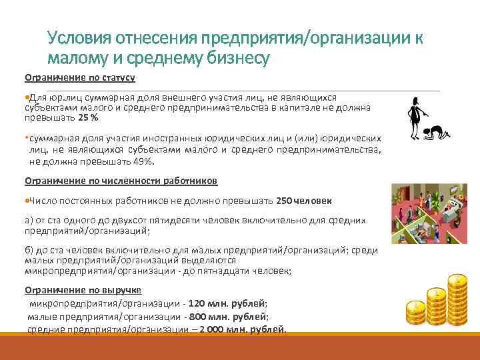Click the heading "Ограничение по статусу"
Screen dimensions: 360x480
click(80, 78)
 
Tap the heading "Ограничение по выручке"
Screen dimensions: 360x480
click(83, 290)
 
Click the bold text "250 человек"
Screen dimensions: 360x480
click(303, 201)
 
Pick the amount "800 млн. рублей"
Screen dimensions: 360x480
click(230, 316)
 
